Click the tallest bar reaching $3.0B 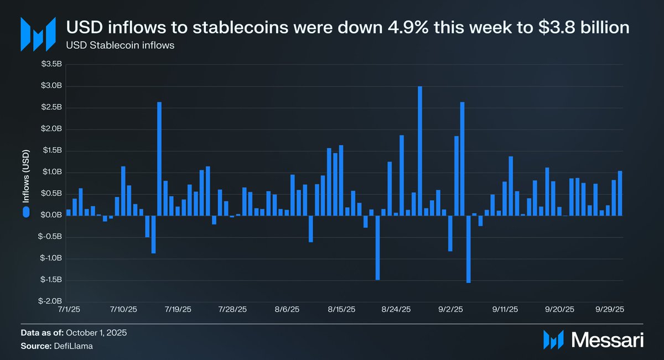pos(420,150)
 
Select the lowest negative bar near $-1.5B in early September pos(468,249)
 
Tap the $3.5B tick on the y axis pos(53,65)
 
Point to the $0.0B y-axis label pos(53,215)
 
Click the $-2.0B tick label pos(52,301)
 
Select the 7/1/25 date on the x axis pos(68,310)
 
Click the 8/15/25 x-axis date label pos(342,310)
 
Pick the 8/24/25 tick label pos(397,310)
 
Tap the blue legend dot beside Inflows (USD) pos(25,212)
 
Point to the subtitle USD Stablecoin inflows pos(121,45)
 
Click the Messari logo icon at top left pos(38,34)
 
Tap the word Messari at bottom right pos(607,340)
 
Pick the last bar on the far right pos(620,193)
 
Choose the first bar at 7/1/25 pos(68,212)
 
